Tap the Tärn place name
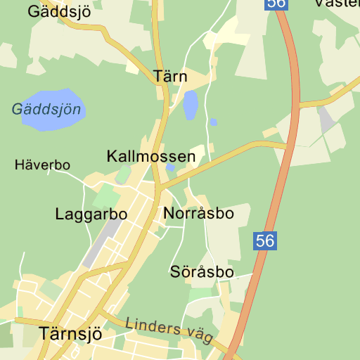point(169,76)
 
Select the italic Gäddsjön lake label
point(47,110)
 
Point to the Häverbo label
point(42,165)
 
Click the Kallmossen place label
point(150,156)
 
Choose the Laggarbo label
point(91,214)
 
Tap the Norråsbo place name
point(197,212)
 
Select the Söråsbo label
point(202,271)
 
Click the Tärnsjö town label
point(71,333)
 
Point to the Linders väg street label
point(169,330)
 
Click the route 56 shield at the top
point(276,4)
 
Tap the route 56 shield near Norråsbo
point(264,241)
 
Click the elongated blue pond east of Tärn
point(190,105)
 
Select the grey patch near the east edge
point(326,120)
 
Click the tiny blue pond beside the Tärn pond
point(213,122)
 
